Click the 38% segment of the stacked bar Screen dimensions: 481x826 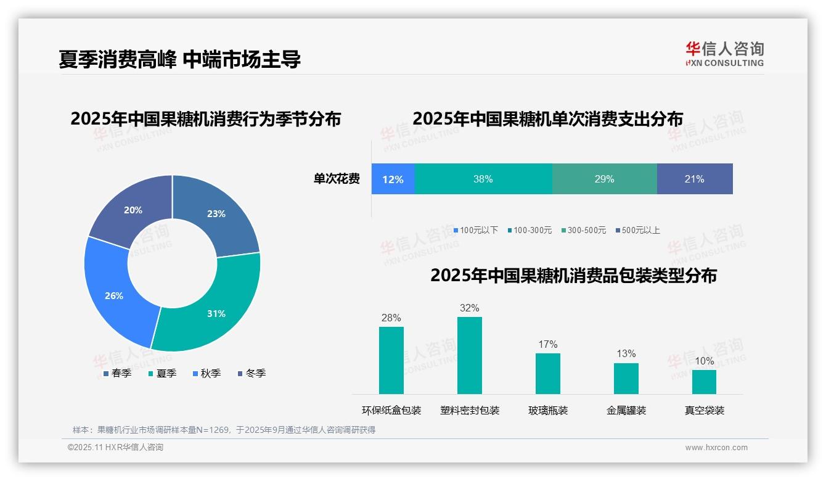(x=483, y=179)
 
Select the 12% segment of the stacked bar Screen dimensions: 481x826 (x=393, y=179)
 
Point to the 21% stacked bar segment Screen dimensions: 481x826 (x=695, y=179)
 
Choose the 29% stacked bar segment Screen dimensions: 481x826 (x=604, y=179)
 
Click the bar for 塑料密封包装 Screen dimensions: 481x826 (x=469, y=355)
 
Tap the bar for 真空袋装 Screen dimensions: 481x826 (x=704, y=382)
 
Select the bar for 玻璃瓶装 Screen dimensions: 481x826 (x=547, y=373)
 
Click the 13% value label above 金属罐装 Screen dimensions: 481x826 (x=626, y=353)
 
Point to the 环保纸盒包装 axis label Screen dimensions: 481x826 (x=391, y=410)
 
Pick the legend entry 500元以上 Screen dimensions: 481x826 (x=637, y=230)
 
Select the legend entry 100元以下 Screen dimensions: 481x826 (x=475, y=230)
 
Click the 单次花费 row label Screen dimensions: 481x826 (x=337, y=179)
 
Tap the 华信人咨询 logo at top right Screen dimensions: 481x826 (x=724, y=54)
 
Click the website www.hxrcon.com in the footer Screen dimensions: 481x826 (x=716, y=447)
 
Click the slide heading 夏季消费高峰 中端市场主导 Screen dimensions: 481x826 (x=179, y=59)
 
